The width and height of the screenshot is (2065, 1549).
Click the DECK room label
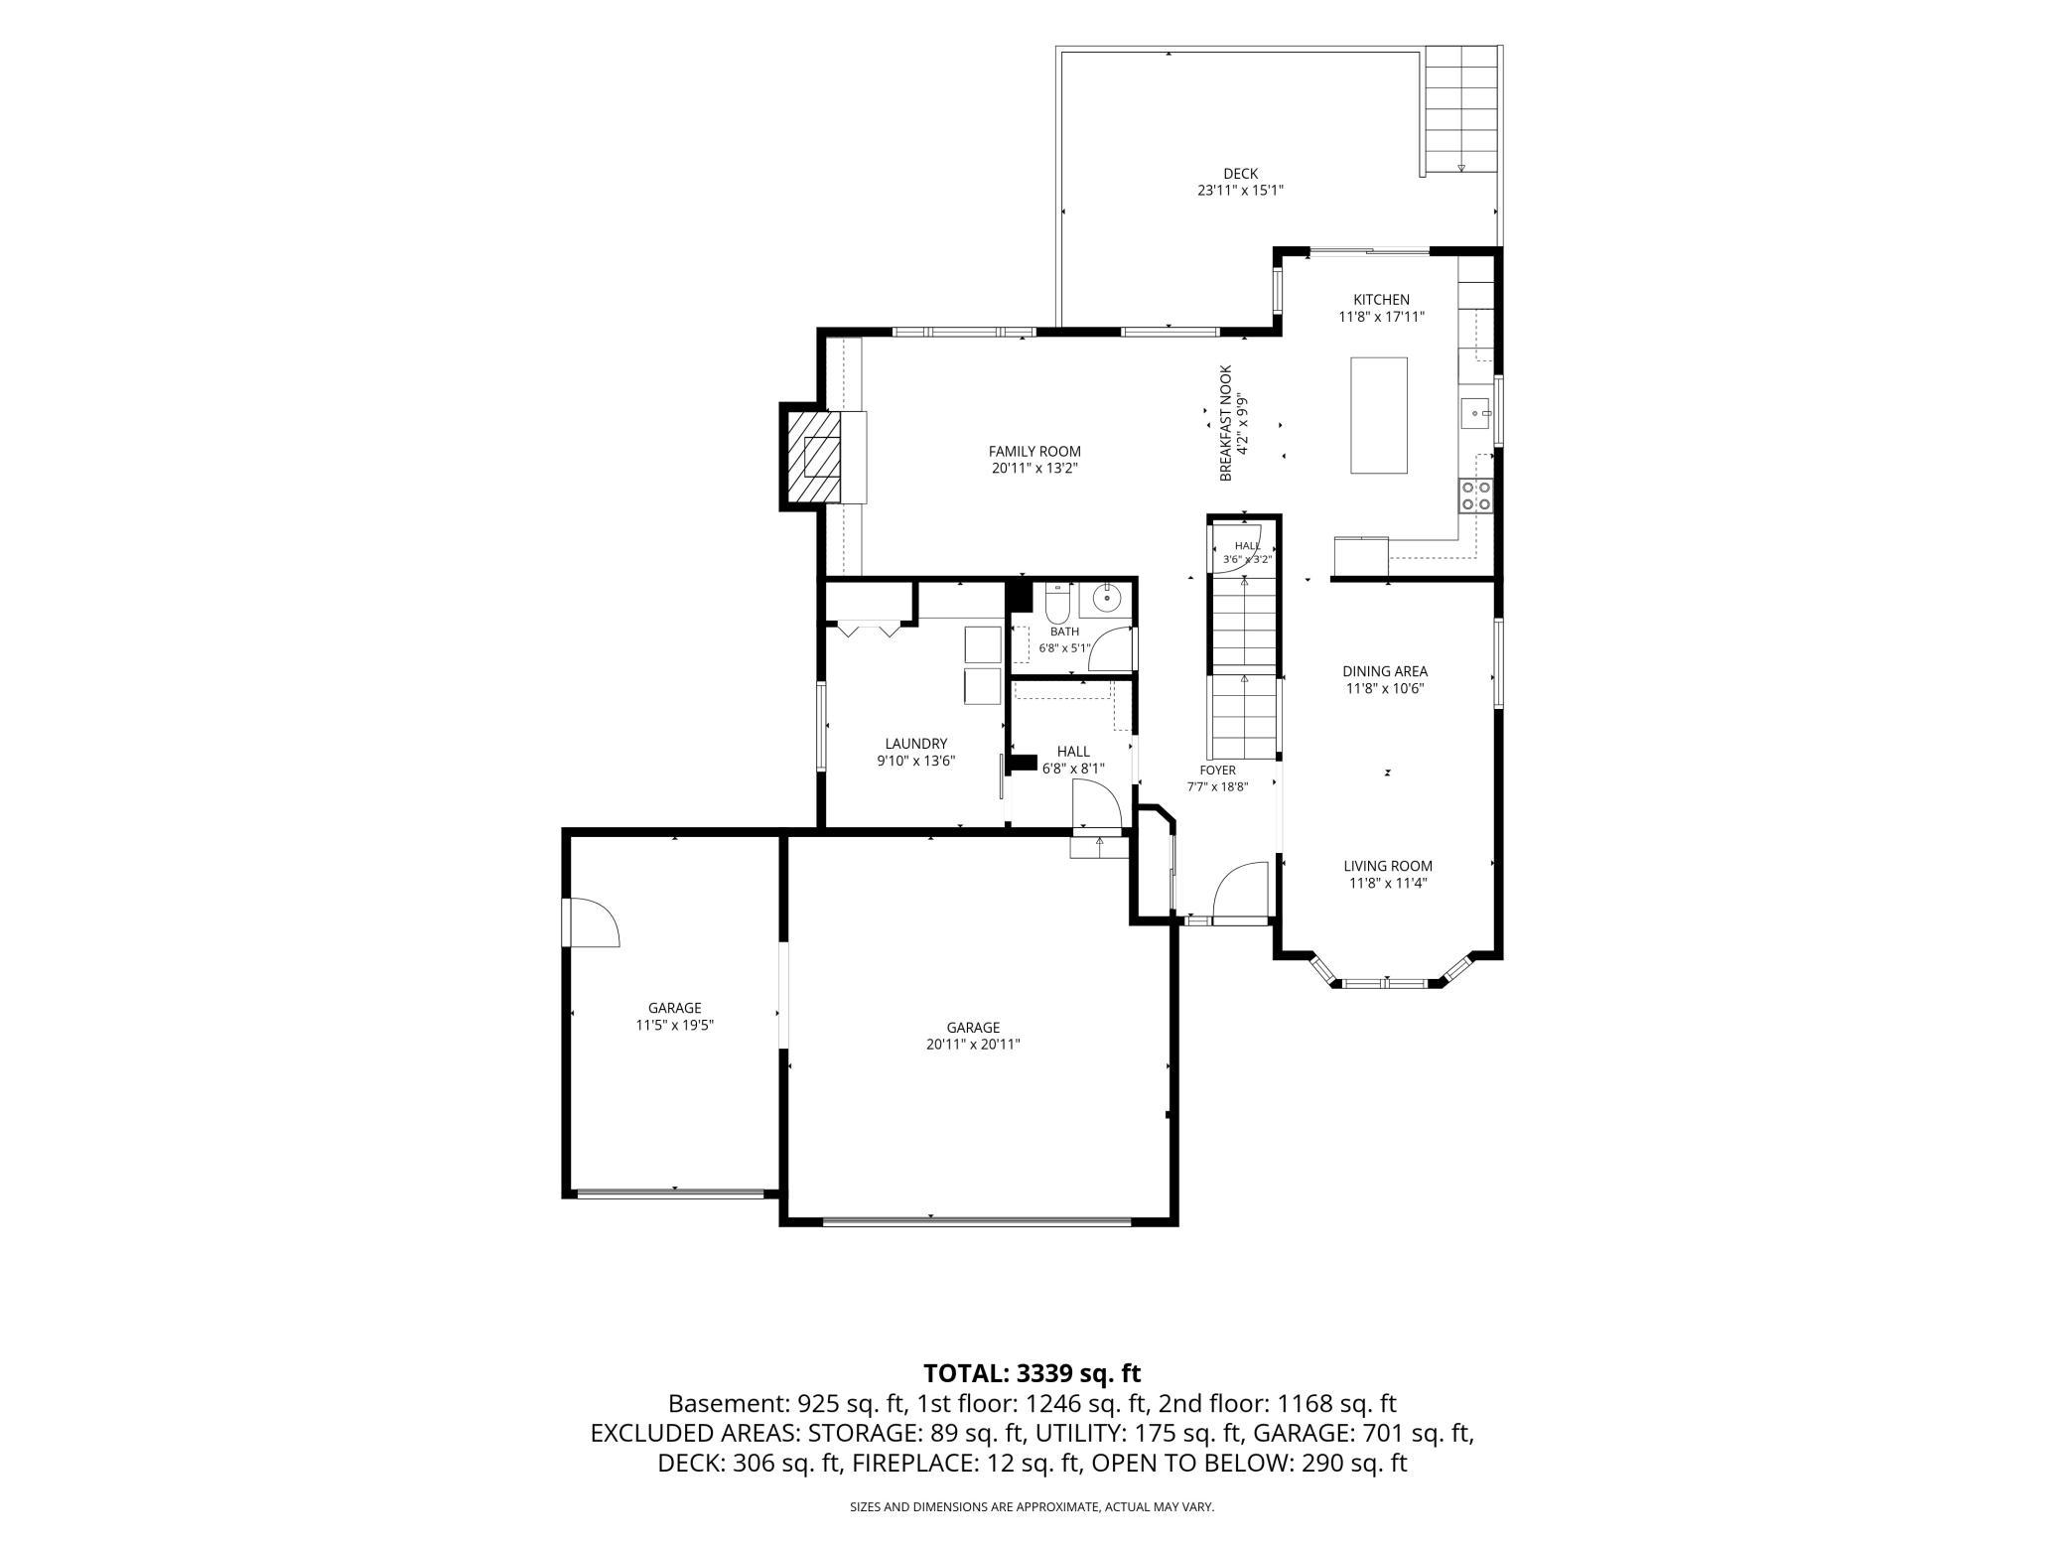(1240, 174)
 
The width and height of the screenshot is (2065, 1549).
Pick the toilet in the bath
(1054, 602)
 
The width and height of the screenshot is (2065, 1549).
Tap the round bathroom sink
(1105, 598)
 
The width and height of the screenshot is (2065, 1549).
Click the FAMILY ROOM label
(1034, 452)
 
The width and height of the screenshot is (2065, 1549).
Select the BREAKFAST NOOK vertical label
(1226, 423)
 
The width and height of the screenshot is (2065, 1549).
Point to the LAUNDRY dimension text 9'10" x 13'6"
(915, 761)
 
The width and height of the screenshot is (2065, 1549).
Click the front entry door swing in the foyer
(1241, 893)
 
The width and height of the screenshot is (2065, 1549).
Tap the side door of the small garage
(592, 922)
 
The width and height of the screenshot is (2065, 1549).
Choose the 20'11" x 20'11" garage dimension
(973, 1044)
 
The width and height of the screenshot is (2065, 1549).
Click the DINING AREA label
(1385, 671)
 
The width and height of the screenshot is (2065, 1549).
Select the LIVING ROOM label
(1388, 866)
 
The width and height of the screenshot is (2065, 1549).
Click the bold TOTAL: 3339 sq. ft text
(1032, 1373)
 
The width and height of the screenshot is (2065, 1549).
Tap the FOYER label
(1217, 770)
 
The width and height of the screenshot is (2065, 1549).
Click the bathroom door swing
(1111, 650)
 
